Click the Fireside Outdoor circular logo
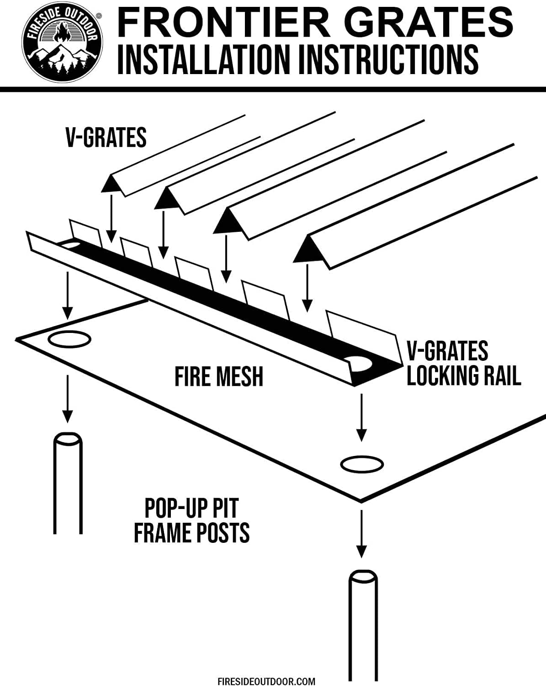tap(62, 45)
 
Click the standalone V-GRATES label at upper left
tap(106, 137)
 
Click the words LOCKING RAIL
tap(463, 376)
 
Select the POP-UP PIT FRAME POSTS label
tap(191, 520)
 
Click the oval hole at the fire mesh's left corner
tap(69, 340)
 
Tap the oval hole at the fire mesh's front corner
tap(361, 464)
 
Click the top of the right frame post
tap(363, 576)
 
